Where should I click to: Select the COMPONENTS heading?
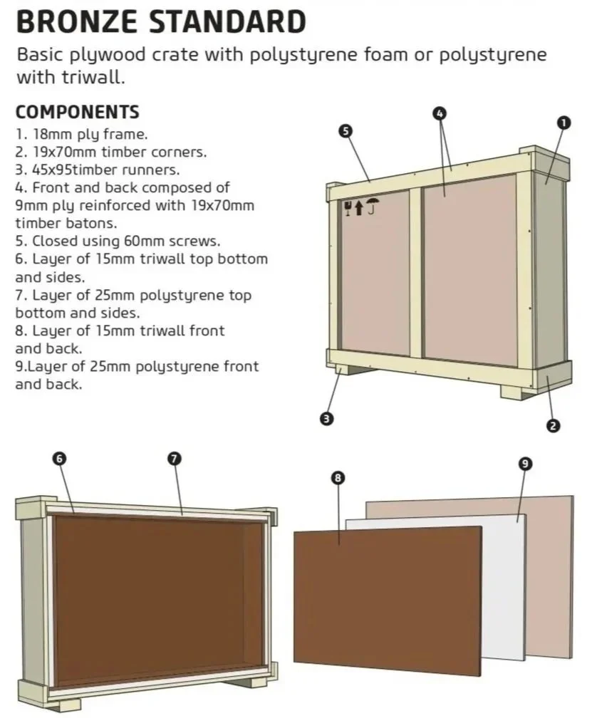77,113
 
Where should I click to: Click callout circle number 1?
564,123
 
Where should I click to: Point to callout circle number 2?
553,426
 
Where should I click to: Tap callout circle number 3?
327,419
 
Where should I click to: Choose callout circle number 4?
440,113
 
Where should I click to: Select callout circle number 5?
346,130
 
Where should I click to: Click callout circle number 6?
59,459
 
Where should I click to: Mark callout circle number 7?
174,459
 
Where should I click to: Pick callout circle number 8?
338,478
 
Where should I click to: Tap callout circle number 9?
524,464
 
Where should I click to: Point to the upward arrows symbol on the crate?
359,208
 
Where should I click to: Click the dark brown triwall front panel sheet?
385,598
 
